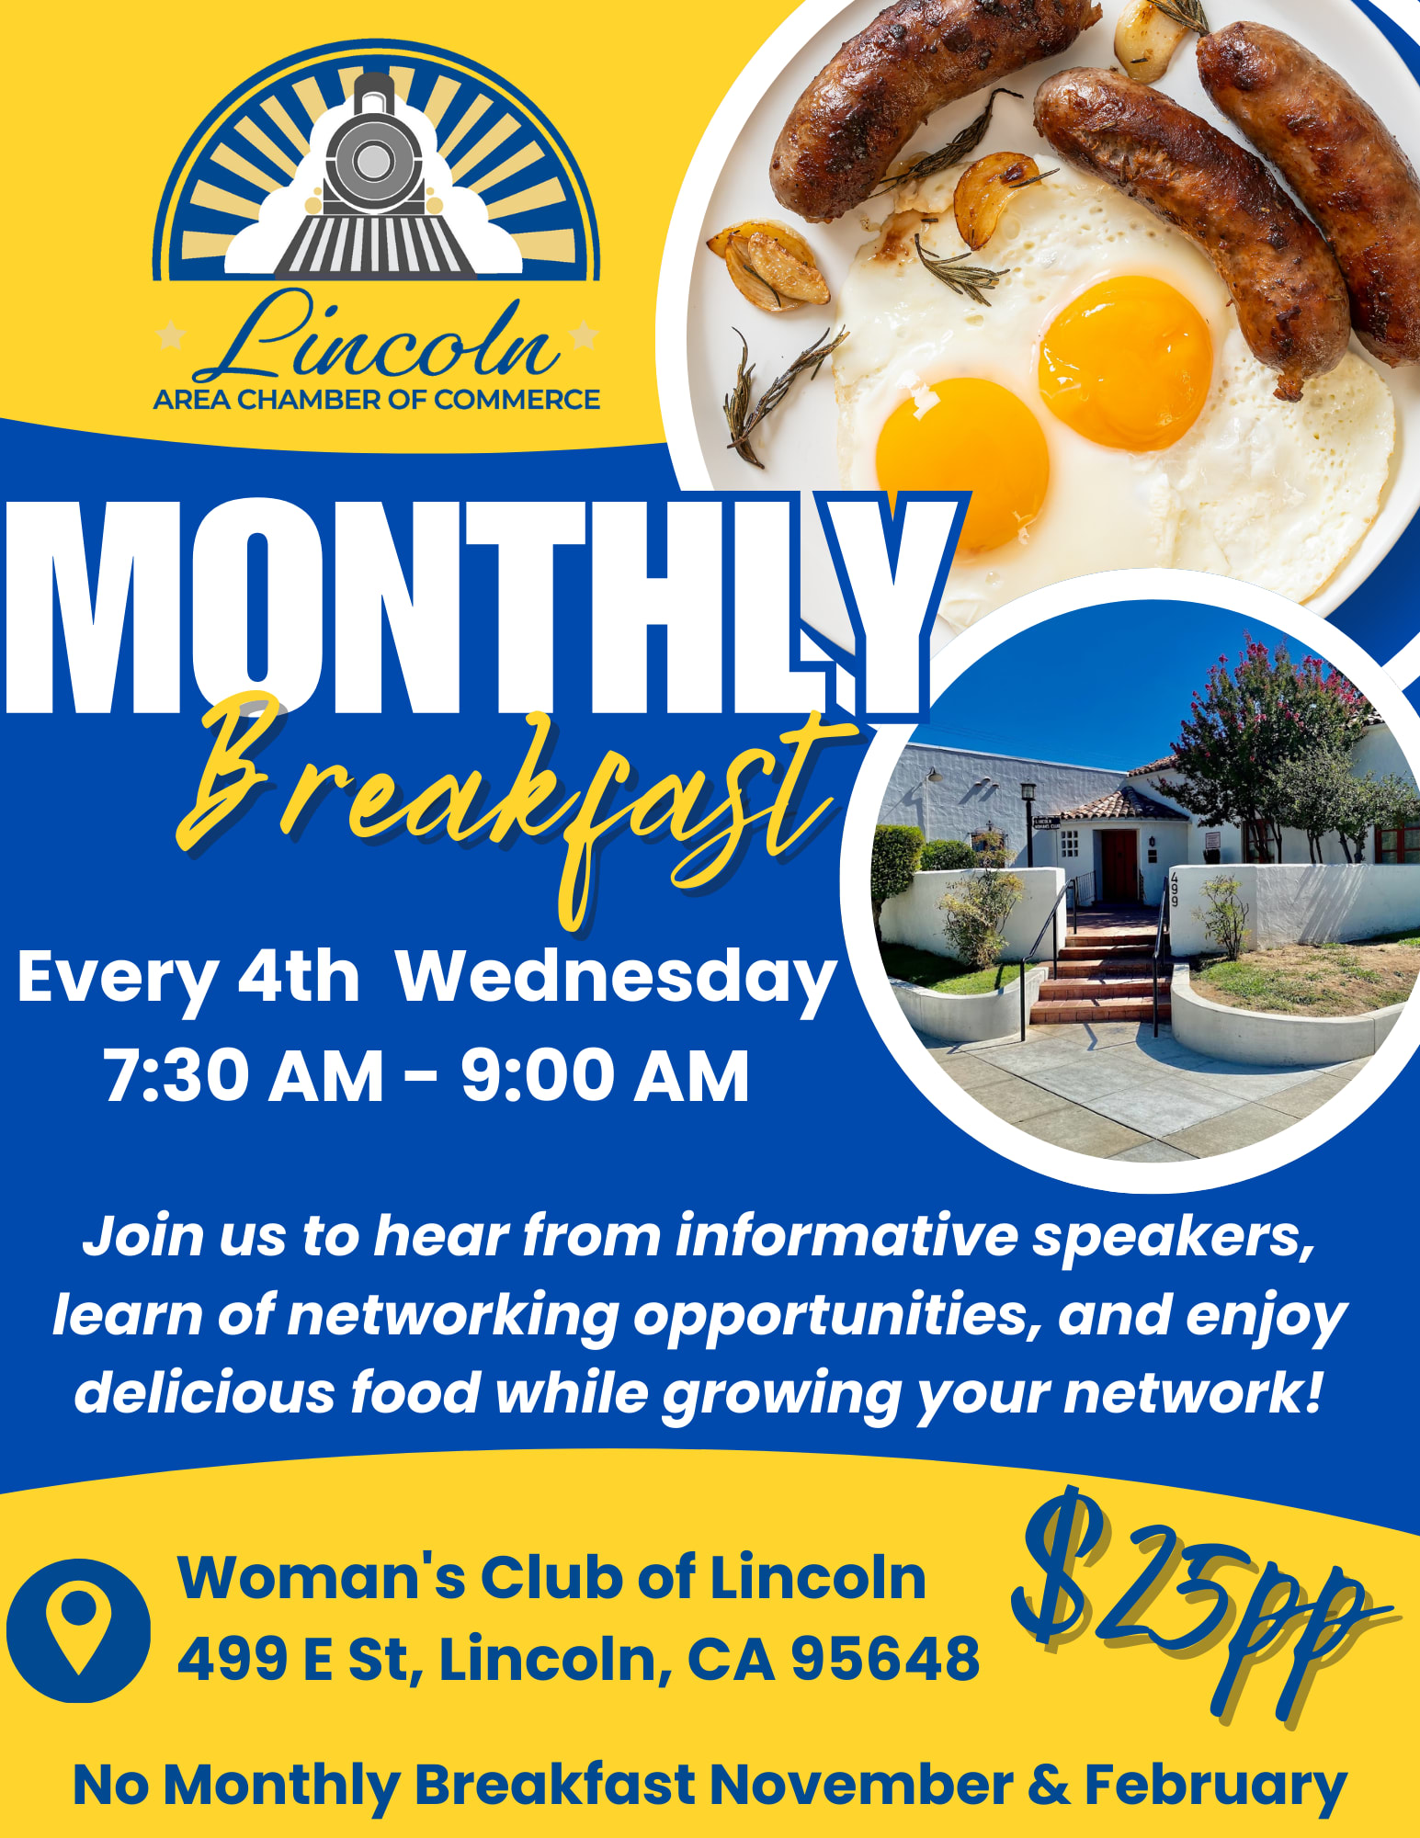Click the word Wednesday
[617, 980]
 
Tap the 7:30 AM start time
[244, 1076]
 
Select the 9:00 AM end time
[606, 1076]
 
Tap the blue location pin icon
[78, 1630]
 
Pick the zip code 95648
[885, 1659]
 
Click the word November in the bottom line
[861, 1785]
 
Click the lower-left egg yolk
[962, 464]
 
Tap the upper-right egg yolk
[1126, 363]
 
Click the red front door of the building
[1119, 864]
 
